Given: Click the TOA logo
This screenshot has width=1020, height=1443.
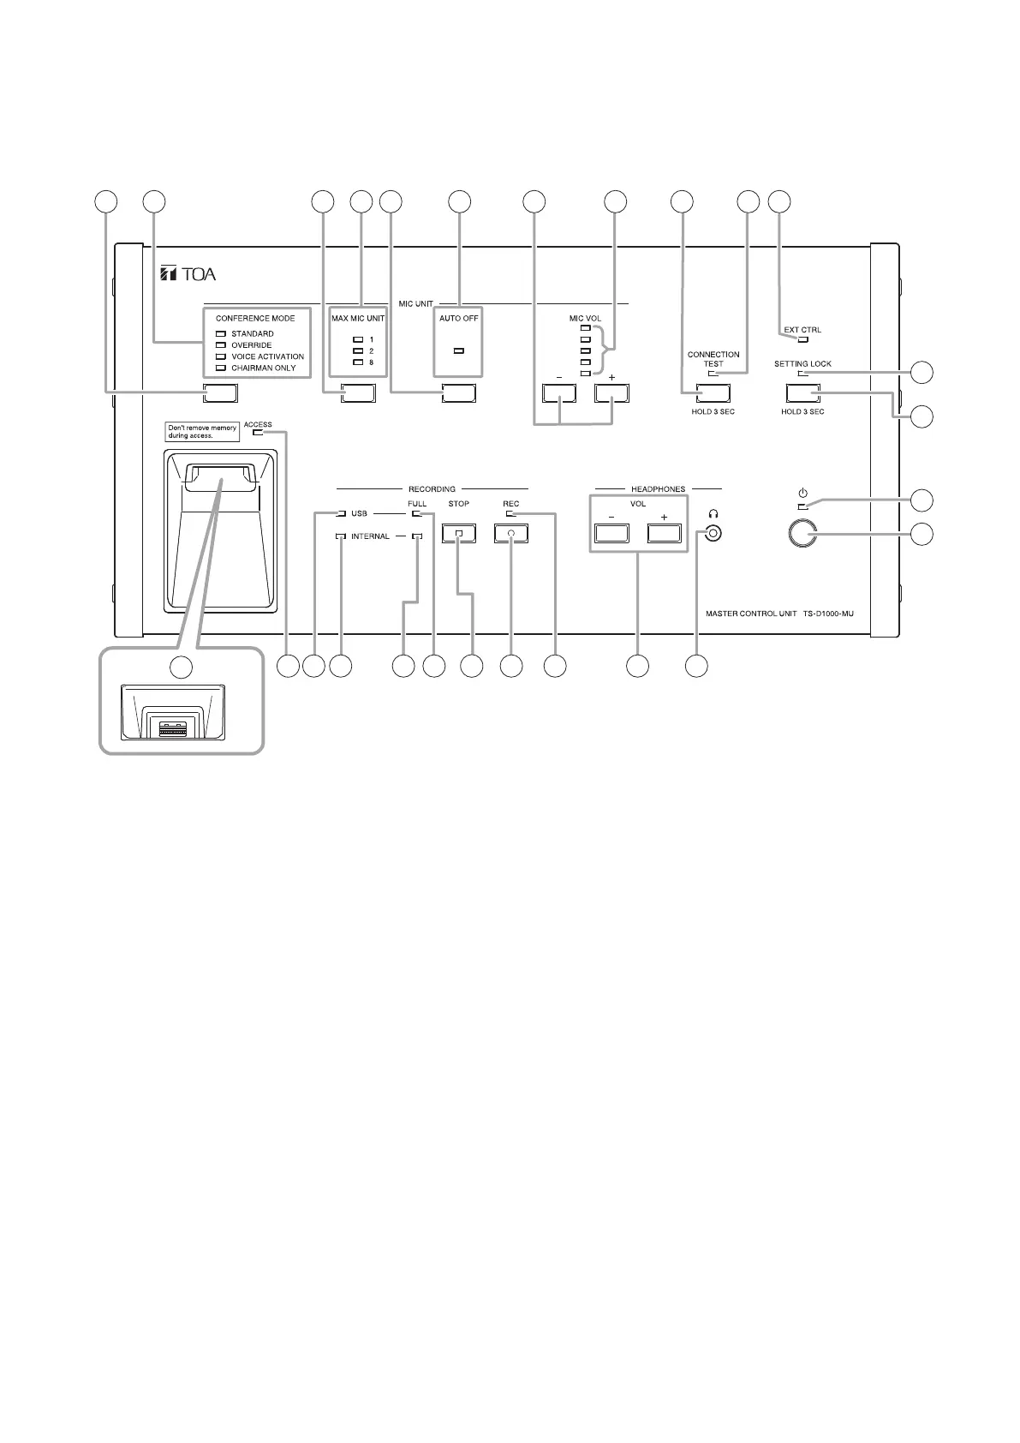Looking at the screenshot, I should click(x=188, y=274).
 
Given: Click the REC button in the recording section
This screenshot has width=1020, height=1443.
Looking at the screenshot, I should click(x=511, y=533).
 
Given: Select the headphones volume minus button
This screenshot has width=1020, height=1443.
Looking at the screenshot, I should click(x=611, y=533).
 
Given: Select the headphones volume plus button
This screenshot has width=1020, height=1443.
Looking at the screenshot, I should click(x=664, y=533).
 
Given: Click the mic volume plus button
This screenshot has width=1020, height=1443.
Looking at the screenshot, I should click(x=612, y=393).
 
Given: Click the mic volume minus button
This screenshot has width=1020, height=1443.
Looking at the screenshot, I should click(x=560, y=393).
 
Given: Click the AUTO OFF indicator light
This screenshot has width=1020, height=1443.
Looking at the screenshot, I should click(x=459, y=351).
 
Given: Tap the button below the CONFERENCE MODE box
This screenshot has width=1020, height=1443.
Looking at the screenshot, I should click(x=220, y=393).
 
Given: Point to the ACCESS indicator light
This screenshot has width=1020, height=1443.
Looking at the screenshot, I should click(x=258, y=433).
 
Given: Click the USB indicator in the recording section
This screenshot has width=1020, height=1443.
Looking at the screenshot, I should click(x=342, y=514).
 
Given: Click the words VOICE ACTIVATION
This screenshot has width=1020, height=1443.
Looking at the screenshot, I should click(x=267, y=356).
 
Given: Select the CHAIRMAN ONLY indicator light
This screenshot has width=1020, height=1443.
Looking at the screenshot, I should click(x=220, y=368).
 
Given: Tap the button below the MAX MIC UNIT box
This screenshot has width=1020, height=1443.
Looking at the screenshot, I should click(x=358, y=393).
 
